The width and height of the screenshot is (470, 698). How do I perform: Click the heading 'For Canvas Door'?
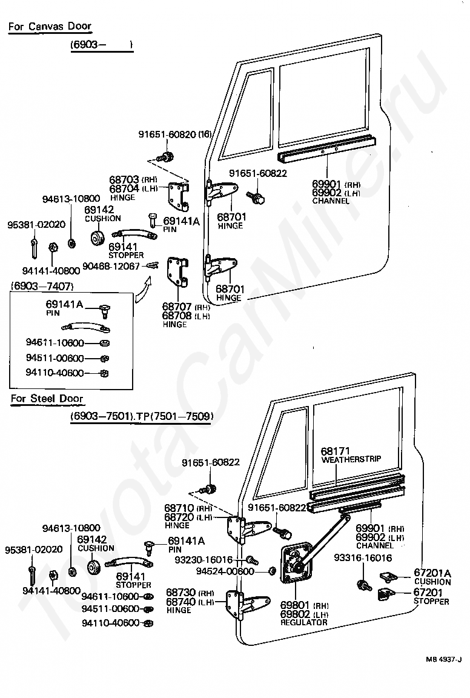(50, 26)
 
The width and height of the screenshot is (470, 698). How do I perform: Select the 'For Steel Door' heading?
(47, 399)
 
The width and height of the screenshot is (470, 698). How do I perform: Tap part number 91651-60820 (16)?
(175, 135)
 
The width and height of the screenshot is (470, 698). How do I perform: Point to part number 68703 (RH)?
(133, 180)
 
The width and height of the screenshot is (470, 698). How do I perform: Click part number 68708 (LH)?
(186, 316)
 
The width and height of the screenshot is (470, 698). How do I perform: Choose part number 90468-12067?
(111, 266)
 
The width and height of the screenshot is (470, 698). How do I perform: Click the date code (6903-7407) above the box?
(42, 286)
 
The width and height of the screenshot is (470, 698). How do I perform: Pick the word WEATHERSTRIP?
(351, 459)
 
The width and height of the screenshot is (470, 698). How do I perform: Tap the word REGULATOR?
(304, 622)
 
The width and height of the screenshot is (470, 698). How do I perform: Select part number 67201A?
(432, 573)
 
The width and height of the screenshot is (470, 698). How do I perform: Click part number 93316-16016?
(363, 558)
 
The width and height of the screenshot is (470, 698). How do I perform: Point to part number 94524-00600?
(225, 571)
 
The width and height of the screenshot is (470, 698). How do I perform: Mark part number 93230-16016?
(204, 560)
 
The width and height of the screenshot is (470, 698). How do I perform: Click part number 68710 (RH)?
(188, 508)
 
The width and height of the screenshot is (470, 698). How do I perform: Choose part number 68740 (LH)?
(190, 602)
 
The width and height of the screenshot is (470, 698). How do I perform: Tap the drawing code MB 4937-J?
(443, 672)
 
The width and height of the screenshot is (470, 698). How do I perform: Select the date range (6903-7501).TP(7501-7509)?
(142, 416)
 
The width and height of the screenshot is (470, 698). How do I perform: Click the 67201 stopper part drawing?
(387, 594)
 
